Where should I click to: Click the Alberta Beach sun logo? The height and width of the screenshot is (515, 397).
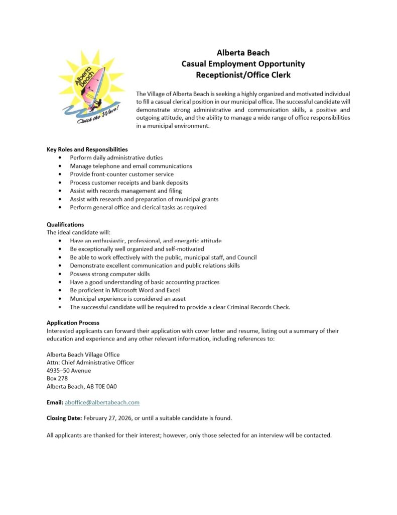pos(90,85)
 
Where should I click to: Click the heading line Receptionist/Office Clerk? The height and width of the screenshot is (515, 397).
pos(243,75)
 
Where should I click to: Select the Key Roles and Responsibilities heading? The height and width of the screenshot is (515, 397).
pos(87,149)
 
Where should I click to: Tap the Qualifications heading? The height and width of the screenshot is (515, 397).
pos(65,224)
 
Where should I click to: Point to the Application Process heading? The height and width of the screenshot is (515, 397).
pos(73,322)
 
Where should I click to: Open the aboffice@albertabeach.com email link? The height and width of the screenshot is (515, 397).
pos(102,402)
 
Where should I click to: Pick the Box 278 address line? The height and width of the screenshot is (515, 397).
pos(57,378)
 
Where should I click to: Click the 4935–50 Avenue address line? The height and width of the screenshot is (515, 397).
pos(68,370)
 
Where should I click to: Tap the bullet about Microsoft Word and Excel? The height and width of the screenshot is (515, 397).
pos(125,290)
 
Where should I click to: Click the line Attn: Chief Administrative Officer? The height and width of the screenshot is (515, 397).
pos(90,362)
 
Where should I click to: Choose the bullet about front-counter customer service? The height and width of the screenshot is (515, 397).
pos(122,174)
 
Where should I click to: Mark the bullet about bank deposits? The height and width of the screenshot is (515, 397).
pos(129,183)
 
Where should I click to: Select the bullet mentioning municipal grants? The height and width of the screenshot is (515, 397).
pos(144,199)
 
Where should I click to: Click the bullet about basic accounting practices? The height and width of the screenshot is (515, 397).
pos(145,282)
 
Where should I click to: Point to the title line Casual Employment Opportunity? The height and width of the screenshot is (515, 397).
pos(243,64)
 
